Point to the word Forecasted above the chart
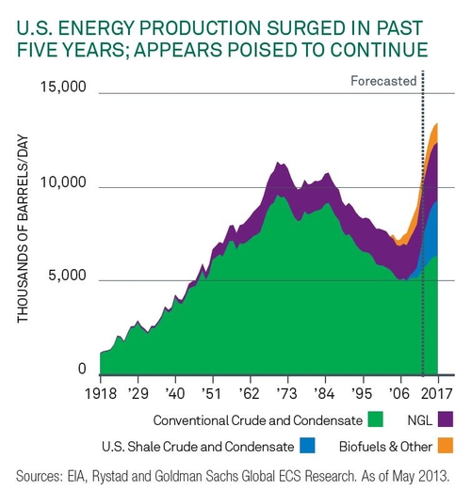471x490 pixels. pyautogui.click(x=383, y=81)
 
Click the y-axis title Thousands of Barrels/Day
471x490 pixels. pyautogui.click(x=24, y=228)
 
